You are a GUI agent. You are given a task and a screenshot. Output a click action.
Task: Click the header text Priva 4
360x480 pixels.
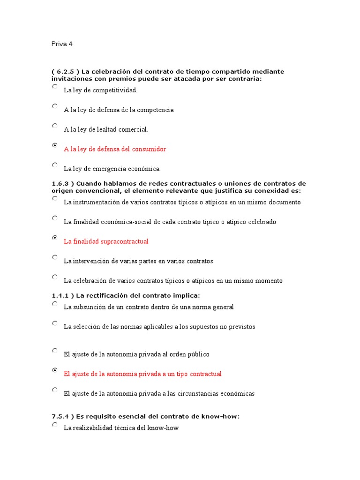tap(62, 44)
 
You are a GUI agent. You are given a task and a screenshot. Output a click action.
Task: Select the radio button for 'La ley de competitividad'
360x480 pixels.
tap(55, 87)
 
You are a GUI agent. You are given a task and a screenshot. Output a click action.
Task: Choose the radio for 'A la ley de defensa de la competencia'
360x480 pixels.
tap(55, 106)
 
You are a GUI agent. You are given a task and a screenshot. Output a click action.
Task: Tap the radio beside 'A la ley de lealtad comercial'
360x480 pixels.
tap(55, 126)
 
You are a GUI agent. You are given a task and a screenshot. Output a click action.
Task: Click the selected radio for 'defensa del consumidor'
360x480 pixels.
tap(55, 146)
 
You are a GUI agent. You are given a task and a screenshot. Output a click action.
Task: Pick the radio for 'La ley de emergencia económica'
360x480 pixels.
tap(55, 165)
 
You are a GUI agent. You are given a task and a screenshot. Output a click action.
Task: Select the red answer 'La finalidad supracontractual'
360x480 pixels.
tap(106, 241)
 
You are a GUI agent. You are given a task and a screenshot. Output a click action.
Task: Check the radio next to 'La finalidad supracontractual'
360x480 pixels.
tap(55, 238)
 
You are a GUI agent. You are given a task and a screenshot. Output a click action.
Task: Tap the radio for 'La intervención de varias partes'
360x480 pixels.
tap(55, 257)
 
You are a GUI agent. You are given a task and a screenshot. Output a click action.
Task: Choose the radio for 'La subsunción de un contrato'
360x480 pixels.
tap(55, 304)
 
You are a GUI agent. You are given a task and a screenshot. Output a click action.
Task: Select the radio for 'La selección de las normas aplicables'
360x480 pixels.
tap(55, 323)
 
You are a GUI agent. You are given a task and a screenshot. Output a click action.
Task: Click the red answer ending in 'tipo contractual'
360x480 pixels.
tap(142, 374)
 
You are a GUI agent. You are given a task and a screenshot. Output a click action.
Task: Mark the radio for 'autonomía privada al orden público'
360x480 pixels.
tap(55, 351)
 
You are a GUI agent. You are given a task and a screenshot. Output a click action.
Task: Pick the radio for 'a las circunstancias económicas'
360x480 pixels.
tap(55, 390)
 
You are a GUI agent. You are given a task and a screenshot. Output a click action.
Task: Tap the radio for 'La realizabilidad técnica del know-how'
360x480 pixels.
tap(55, 425)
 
